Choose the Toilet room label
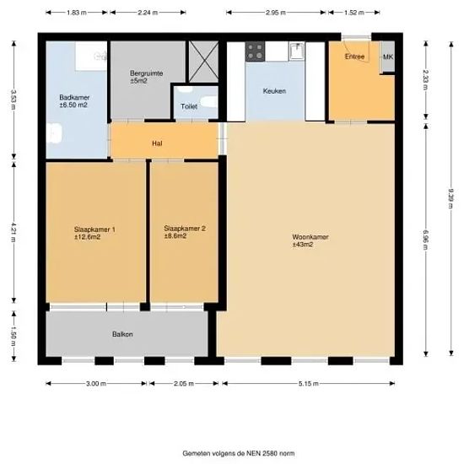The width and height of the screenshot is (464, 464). (x=189, y=106)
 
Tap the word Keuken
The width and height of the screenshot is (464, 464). (x=274, y=91)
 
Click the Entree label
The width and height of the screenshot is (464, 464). (x=354, y=57)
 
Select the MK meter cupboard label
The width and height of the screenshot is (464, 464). (x=388, y=57)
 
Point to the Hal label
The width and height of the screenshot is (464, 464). (x=157, y=143)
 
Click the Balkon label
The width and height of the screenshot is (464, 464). (x=122, y=334)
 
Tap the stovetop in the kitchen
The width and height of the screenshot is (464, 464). (x=255, y=51)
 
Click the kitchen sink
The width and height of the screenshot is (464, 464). (x=297, y=51)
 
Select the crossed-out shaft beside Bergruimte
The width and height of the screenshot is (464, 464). (x=203, y=62)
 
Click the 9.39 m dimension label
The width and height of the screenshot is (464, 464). (x=451, y=198)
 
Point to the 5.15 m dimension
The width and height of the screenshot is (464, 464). (x=309, y=384)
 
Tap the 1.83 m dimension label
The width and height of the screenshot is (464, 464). (x=76, y=13)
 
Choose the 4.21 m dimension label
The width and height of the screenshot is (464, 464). (x=13, y=232)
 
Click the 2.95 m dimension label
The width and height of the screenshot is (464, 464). (x=276, y=13)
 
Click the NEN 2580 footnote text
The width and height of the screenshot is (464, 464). (x=239, y=453)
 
